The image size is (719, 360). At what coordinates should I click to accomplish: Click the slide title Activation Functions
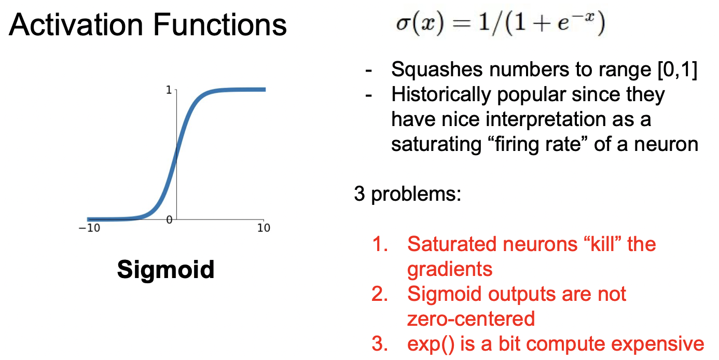pyautogui.click(x=148, y=24)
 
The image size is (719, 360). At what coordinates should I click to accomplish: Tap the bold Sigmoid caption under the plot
pyautogui.click(x=165, y=269)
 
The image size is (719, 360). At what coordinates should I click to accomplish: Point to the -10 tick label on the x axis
pyautogui.click(x=90, y=228)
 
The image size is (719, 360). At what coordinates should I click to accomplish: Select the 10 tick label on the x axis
pyautogui.click(x=264, y=228)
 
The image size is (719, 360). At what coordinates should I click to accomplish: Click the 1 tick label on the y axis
pyautogui.click(x=169, y=90)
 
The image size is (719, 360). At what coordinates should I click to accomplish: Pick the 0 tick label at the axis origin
pyautogui.click(x=169, y=219)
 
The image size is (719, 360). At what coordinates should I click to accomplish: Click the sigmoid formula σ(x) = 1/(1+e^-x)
pyautogui.click(x=496, y=25)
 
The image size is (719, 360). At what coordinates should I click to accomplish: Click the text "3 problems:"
pyautogui.click(x=408, y=195)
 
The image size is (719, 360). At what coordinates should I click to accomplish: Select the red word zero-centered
pyautogui.click(x=471, y=319)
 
